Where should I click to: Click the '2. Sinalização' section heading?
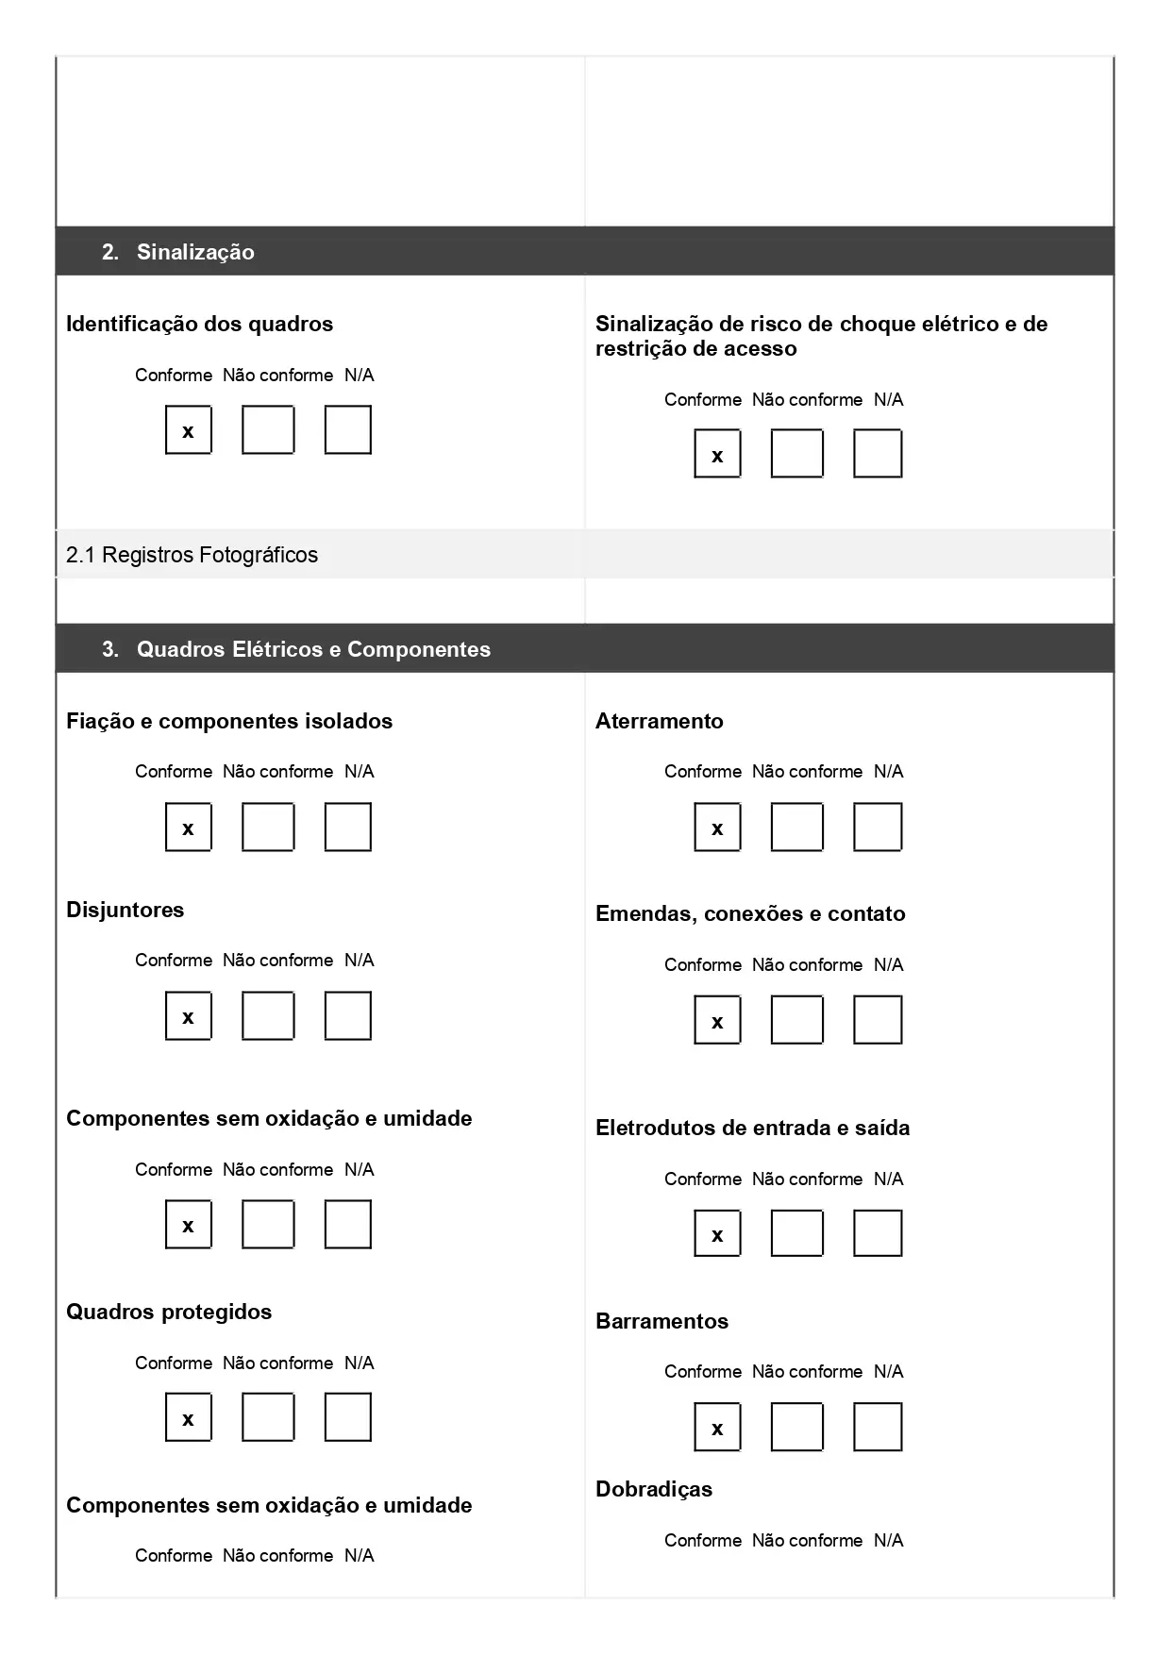[x=178, y=252]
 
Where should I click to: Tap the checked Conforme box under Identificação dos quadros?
[x=188, y=430]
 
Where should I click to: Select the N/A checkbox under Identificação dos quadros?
[x=347, y=430]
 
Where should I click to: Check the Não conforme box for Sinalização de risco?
[x=796, y=454]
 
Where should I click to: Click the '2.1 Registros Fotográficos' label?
[x=192, y=555]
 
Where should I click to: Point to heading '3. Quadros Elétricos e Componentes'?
[x=296, y=649]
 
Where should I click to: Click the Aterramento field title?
[x=659, y=721]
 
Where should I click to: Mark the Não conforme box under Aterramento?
[x=796, y=828]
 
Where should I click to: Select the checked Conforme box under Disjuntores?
[x=188, y=1016]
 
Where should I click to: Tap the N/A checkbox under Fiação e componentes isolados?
[x=347, y=828]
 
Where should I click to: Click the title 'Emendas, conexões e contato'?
[x=749, y=913]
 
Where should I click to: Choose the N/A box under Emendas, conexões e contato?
[x=877, y=1020]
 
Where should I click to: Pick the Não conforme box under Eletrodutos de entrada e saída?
[x=796, y=1233]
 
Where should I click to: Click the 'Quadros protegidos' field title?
[x=169, y=1312]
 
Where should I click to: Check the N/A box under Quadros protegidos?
[x=347, y=1417]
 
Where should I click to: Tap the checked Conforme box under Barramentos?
[x=717, y=1427]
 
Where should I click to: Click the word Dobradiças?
[x=653, y=1489]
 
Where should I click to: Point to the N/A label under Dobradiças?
[x=888, y=1540]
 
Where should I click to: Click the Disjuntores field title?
[x=125, y=910]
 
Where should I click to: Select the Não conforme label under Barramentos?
[x=807, y=1371]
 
